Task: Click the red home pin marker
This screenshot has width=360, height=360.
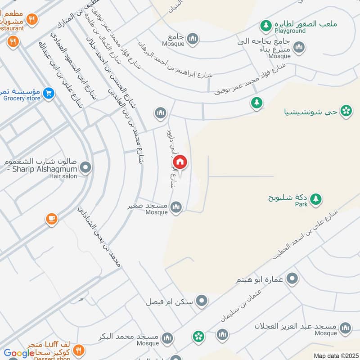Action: (x=179, y=162)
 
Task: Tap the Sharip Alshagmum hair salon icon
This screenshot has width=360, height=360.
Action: (x=85, y=168)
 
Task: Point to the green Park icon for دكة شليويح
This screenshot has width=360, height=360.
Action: (x=316, y=198)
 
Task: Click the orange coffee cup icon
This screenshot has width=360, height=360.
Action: (x=51, y=219)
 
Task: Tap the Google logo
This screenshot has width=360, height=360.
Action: (x=19, y=353)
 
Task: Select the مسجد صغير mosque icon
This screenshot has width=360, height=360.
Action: (x=176, y=207)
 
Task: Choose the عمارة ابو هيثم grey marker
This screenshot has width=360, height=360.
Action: (x=292, y=279)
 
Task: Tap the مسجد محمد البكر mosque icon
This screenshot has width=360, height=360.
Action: (x=167, y=337)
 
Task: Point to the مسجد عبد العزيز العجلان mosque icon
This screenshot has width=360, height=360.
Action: (x=346, y=327)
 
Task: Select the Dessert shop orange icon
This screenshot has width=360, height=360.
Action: (x=79, y=349)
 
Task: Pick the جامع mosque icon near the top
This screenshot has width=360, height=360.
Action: (x=193, y=39)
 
